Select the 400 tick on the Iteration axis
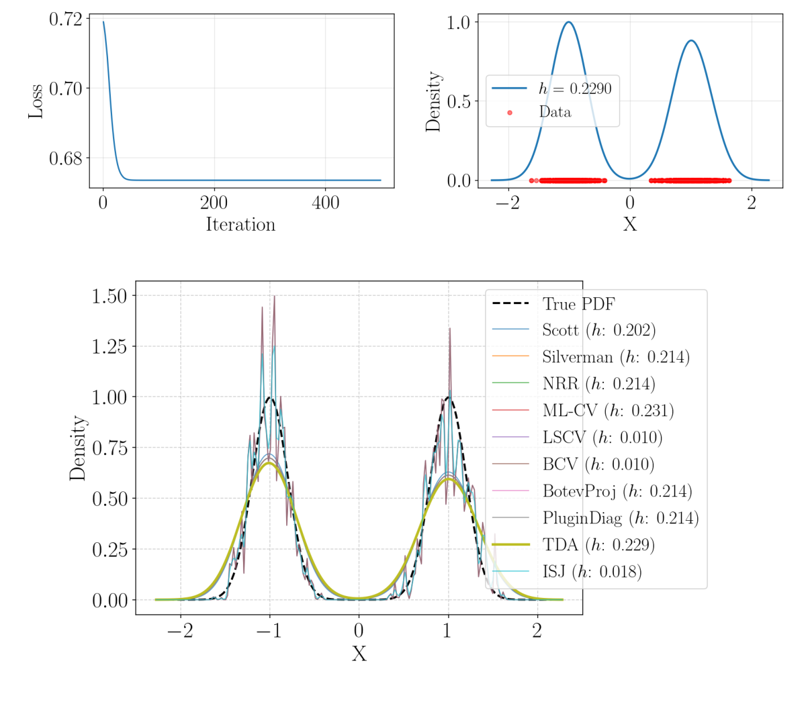click(325, 202)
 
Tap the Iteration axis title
click(240, 224)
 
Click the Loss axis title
click(35, 101)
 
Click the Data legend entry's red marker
click(510, 112)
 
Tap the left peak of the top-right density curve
click(569, 22)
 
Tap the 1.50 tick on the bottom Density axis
click(109, 296)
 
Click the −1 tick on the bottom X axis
click(269, 631)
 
